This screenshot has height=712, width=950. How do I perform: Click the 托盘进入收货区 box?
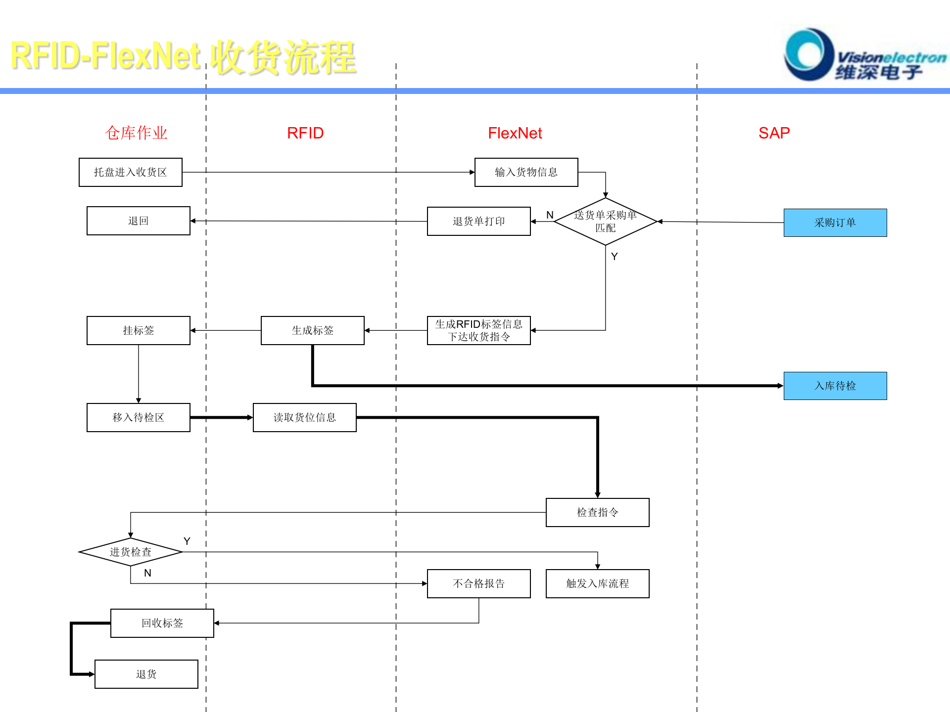pyautogui.click(x=131, y=172)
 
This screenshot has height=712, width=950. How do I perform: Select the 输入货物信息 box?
pyautogui.click(x=526, y=172)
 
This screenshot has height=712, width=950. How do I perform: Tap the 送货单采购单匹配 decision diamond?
pyautogui.click(x=605, y=222)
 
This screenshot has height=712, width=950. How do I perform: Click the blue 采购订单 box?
pyautogui.click(x=835, y=222)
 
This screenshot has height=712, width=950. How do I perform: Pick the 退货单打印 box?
pyautogui.click(x=478, y=221)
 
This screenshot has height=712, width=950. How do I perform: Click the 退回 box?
pyautogui.click(x=139, y=221)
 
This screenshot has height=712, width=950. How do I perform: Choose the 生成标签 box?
pyautogui.click(x=312, y=330)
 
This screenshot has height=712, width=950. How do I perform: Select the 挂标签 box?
pyautogui.click(x=139, y=330)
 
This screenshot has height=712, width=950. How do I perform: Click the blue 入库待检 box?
pyautogui.click(x=835, y=386)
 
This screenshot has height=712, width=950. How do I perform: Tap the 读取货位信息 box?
pyautogui.click(x=304, y=417)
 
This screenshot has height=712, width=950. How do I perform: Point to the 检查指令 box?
pyautogui.click(x=597, y=512)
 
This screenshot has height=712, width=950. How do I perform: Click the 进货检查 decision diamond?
pyautogui.click(x=131, y=552)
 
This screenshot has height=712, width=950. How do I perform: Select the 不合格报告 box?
pyautogui.click(x=478, y=583)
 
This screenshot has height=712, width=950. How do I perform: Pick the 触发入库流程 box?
pyautogui.click(x=597, y=583)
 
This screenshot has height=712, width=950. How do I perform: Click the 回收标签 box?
pyautogui.click(x=162, y=623)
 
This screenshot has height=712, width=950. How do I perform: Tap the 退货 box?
pyautogui.click(x=146, y=674)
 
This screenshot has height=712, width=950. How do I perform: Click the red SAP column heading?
pyautogui.click(x=774, y=133)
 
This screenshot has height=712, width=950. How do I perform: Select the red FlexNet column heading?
pyautogui.click(x=515, y=133)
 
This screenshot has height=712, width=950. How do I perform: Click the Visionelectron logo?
pyautogui.click(x=863, y=55)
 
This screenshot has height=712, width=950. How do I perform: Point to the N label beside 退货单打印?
pyautogui.click(x=550, y=215)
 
